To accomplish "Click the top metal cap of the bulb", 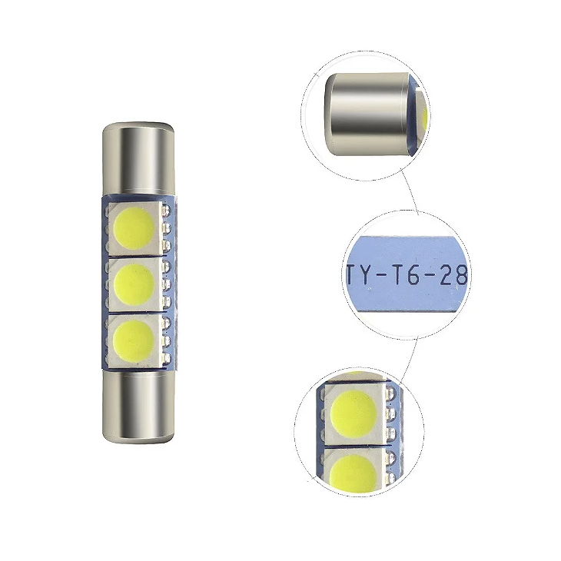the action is [138, 159].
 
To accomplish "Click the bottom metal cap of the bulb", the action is [138, 406].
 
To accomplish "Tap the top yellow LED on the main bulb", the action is [134, 228].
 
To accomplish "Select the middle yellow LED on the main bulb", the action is [134, 284].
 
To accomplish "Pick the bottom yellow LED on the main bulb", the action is [134, 340].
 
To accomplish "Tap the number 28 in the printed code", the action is [453, 275].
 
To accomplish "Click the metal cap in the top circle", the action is [367, 115].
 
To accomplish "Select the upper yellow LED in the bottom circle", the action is [354, 413].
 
